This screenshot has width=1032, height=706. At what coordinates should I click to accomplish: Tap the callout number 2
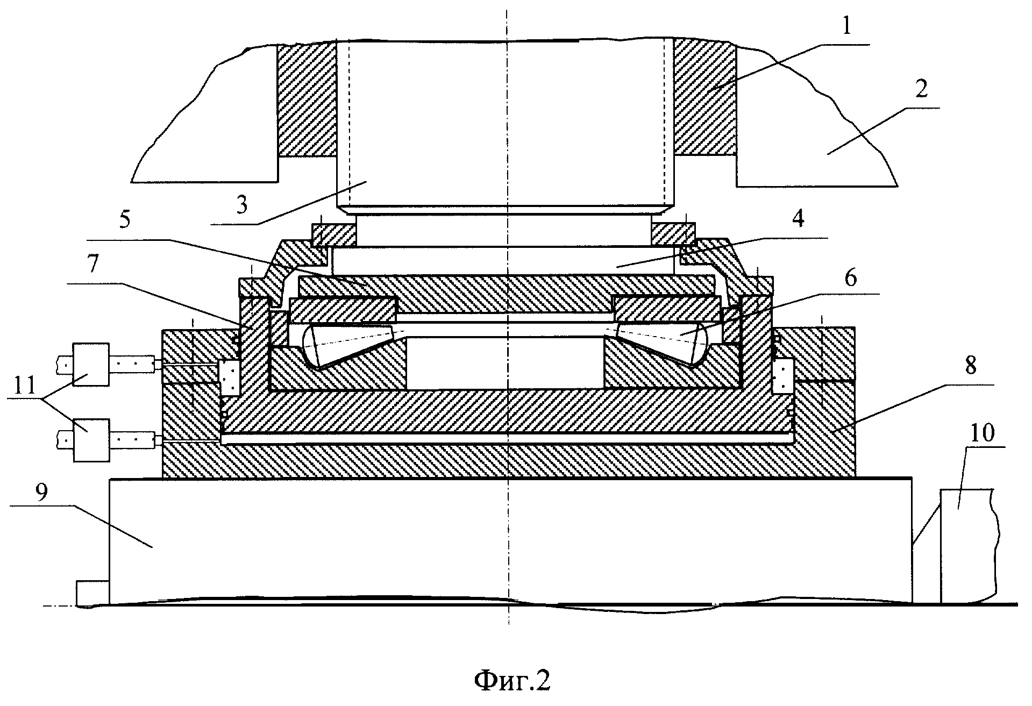point(922,89)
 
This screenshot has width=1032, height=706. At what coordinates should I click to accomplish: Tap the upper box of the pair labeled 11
point(91,365)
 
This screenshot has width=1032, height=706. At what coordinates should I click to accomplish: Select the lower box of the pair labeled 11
point(91,440)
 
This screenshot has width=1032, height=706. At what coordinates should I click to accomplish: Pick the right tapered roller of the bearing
point(661,344)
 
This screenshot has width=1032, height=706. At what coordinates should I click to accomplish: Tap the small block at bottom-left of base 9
point(92,593)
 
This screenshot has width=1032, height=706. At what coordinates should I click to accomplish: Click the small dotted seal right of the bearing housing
point(782,375)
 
